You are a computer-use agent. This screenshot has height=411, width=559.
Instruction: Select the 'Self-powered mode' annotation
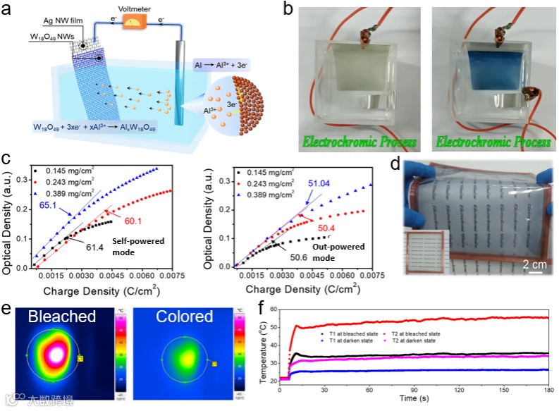point(129,245)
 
